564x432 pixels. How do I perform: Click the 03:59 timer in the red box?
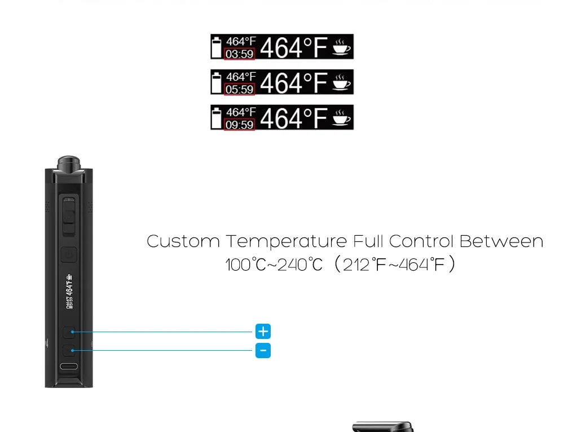(240, 54)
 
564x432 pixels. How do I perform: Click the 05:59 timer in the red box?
(240, 89)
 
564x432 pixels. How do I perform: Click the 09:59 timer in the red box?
(240, 125)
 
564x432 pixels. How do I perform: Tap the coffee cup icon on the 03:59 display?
(341, 47)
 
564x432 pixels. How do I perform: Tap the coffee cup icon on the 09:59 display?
(341, 117)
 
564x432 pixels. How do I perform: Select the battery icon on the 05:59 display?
(217, 82)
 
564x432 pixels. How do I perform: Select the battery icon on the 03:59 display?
(217, 47)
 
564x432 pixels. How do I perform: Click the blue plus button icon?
(263, 331)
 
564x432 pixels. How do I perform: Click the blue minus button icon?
(263, 351)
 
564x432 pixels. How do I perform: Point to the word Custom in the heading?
(183, 241)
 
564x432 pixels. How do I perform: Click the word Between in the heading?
(501, 241)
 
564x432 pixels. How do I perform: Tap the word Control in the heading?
(421, 241)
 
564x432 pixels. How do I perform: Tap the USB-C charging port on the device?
(69, 367)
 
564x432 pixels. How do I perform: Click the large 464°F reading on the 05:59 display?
(293, 83)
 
